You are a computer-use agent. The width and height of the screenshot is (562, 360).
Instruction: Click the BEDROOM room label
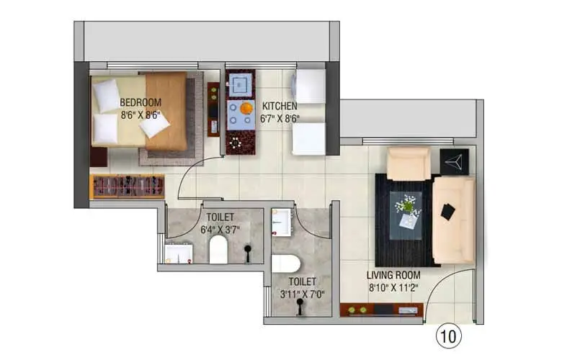pyautogui.click(x=140, y=102)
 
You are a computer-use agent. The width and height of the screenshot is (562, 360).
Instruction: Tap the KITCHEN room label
pyautogui.click(x=280, y=106)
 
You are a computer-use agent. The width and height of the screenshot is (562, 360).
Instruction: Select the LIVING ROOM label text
pyautogui.click(x=393, y=275)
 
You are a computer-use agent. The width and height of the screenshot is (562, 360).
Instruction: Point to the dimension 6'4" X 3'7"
pyautogui.click(x=220, y=229)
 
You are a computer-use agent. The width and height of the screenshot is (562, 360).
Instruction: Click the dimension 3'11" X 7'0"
pyautogui.click(x=303, y=294)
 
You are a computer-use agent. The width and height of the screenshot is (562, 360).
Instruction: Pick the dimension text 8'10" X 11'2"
pyautogui.click(x=394, y=287)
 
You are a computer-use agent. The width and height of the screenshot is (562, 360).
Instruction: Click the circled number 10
pyautogui.click(x=448, y=336)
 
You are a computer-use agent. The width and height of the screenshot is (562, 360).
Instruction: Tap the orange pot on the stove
pyautogui.click(x=246, y=108)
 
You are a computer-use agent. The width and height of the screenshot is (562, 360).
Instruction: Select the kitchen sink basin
pyautogui.click(x=239, y=84)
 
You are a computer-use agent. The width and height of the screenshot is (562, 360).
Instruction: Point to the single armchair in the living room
pyautogui.click(x=409, y=163)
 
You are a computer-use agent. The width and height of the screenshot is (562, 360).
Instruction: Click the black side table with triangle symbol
pyautogui.click(x=454, y=161)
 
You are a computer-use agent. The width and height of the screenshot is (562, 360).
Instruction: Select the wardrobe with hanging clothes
pyautogui.click(x=128, y=186)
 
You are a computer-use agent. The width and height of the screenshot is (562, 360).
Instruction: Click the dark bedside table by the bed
pyautogui.click(x=99, y=157)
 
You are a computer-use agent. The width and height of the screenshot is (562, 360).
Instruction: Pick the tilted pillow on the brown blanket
pyautogui.click(x=154, y=126)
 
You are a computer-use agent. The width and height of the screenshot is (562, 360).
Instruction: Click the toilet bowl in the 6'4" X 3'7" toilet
pyautogui.click(x=218, y=249)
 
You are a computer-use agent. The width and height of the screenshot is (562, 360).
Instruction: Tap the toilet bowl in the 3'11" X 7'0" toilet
pyautogui.click(x=285, y=264)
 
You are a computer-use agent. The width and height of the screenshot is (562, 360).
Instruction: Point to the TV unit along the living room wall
pyautogui.click(x=381, y=310)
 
